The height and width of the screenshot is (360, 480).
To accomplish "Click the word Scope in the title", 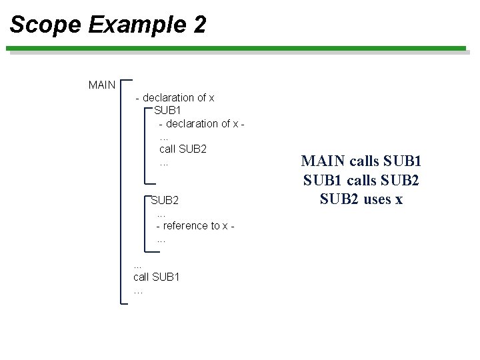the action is [45, 25].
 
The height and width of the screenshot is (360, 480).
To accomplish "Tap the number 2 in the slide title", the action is [199, 25].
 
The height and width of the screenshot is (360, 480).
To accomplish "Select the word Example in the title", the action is [137, 25].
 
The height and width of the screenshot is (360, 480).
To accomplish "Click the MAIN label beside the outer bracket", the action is [102, 85].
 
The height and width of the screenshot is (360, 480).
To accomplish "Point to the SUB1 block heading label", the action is [168, 110].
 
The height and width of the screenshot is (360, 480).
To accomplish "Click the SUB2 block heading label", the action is [165, 200].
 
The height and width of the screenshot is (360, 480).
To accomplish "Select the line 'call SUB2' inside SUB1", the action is [183, 149].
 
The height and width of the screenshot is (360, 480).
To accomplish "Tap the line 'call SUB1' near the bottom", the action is [157, 277].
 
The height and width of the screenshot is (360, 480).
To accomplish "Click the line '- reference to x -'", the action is [195, 226].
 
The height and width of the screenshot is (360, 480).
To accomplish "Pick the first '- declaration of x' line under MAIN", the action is [175, 97].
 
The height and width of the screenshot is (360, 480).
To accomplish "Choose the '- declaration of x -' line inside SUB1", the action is [201, 123].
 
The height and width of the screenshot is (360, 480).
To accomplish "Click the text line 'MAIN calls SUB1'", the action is [361, 161].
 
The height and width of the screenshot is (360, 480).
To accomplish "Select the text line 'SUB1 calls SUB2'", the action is [361, 180].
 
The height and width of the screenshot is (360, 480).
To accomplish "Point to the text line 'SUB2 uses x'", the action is [361, 199].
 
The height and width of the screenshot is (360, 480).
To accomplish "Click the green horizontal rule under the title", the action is [236, 48].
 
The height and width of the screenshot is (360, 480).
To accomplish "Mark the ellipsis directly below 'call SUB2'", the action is [164, 163].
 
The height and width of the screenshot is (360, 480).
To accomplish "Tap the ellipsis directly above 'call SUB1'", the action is [138, 265].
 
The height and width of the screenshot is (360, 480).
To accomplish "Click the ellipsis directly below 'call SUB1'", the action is [138, 291].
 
